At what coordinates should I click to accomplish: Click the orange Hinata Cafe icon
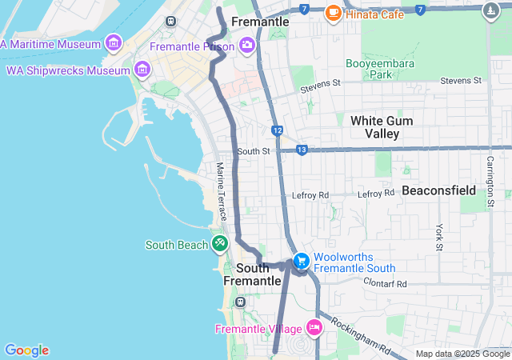coord(333,13)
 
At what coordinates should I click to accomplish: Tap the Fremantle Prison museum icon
coord(246,46)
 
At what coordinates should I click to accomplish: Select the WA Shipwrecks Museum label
coord(67,70)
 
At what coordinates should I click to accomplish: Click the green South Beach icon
coord(219,244)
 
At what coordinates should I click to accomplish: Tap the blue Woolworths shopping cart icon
coord(301,261)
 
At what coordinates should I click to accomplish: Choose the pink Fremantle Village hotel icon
coord(314,328)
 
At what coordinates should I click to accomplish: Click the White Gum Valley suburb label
coord(382,127)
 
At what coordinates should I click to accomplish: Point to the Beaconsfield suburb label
coord(438,190)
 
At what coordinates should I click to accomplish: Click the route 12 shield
coord(277,130)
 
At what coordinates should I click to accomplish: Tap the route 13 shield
coord(302,150)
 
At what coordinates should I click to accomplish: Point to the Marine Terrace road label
coord(222,192)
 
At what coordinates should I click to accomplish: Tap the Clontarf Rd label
coord(385,283)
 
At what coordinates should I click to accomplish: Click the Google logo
coord(26,350)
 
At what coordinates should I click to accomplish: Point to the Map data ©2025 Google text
coord(462,354)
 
